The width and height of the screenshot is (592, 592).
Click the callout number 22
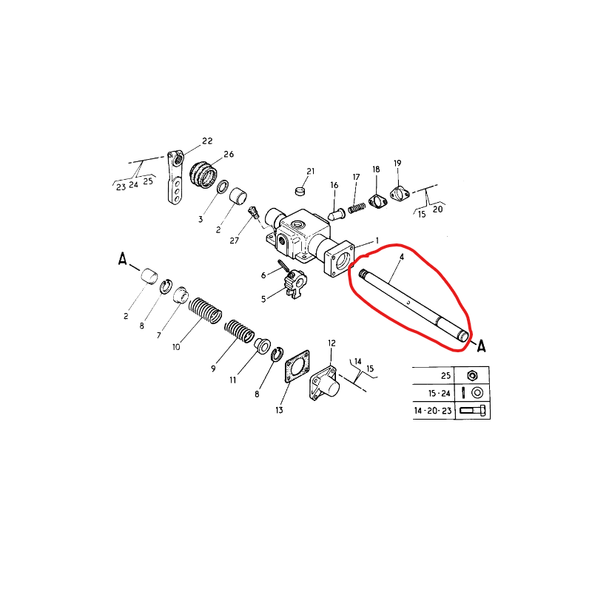tap(207, 141)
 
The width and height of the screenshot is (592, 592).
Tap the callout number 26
tap(229, 154)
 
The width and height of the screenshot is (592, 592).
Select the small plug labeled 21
tap(300, 191)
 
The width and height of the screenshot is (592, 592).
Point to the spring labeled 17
tap(357, 208)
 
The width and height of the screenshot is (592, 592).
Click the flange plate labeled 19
tap(400, 194)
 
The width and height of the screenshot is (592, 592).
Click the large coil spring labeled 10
tap(205, 310)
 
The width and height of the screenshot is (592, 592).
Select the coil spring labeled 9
tap(239, 331)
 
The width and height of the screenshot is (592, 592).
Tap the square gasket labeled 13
tap(297, 366)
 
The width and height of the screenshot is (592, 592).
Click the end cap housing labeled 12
tap(324, 383)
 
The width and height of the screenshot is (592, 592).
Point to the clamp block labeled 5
tap(296, 284)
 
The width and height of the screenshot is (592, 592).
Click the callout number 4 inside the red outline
tap(402, 257)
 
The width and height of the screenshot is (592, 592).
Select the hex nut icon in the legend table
tap(472, 376)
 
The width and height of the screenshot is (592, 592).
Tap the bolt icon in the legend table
tap(473, 411)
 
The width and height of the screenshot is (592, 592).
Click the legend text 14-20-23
tap(433, 411)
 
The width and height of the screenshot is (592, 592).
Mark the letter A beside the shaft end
tap(481, 346)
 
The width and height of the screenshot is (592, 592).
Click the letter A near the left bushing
tap(122, 259)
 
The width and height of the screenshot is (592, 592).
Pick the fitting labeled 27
tap(253, 212)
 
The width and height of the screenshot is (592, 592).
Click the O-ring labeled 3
tap(223, 186)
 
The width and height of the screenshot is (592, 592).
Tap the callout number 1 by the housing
tap(377, 241)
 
